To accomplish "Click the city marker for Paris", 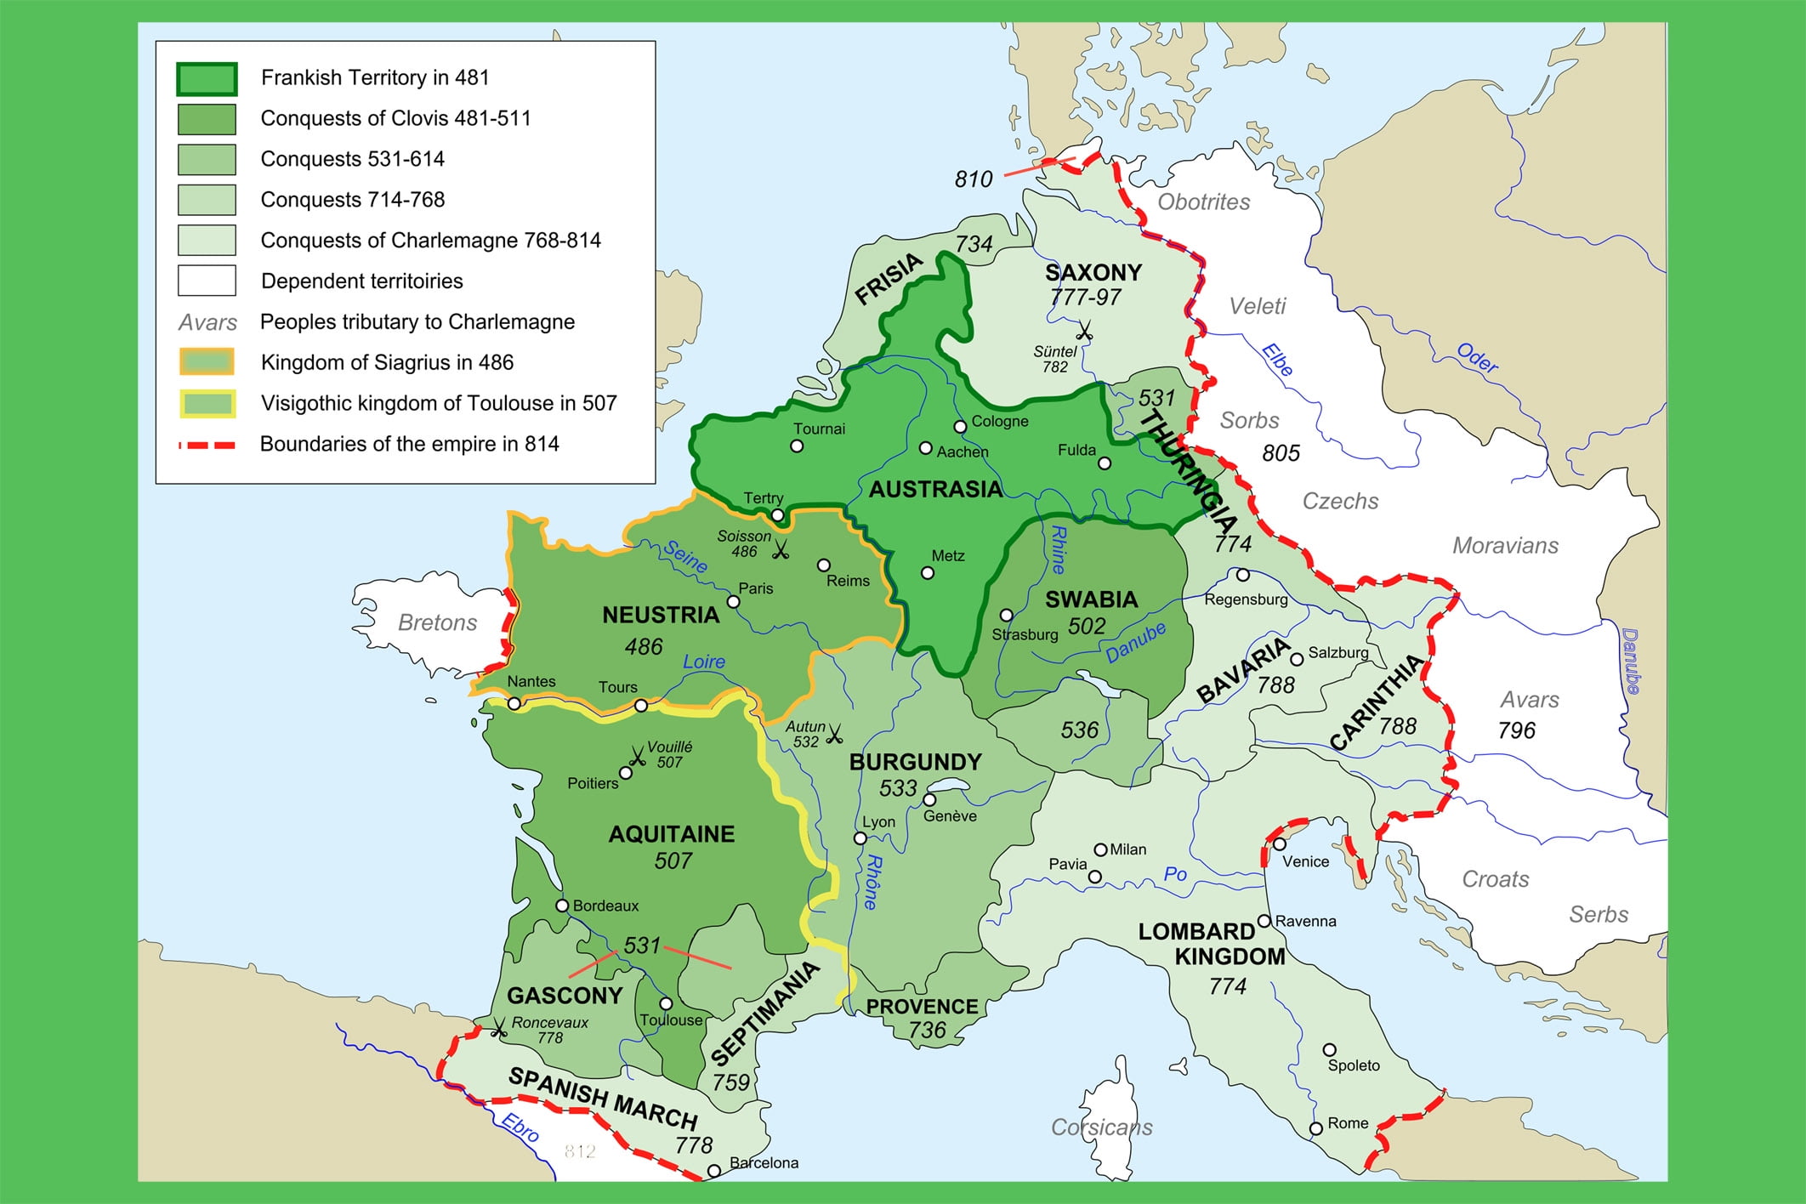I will pos(733,602).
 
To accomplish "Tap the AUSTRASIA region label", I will pos(935,489).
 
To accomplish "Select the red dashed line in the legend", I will pos(207,445).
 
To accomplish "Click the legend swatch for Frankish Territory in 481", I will pos(207,78).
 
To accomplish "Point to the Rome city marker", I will pos(1315,1128).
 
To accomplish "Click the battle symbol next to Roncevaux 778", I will pos(498,1028).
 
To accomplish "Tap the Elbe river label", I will pos(1276,360).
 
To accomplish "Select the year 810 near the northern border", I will pos(973,179).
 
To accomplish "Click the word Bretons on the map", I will pos(437,622).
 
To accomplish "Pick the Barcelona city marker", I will pos(714,1171).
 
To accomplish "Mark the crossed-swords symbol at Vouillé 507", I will pos(637,756).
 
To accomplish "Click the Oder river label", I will pos(1477,358).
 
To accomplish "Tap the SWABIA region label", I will pos(1091,599).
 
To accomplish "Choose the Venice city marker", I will pos(1280,844).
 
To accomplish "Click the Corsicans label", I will pos(1102,1127).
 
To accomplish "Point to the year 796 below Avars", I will pos(1517,730).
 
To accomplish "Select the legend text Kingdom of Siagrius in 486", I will pos(387,363).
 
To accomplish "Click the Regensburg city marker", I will pos(1243,575).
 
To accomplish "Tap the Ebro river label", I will pos(520,1127).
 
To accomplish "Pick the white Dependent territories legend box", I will pos(207,281).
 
